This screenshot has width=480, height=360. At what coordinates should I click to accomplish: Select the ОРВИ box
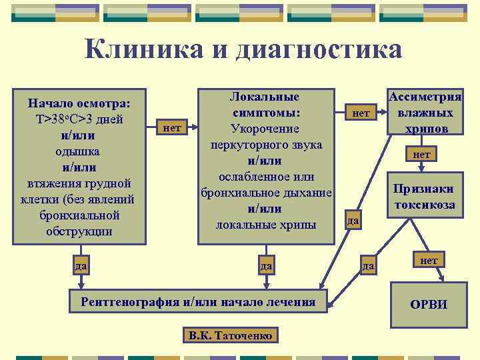click(429, 305)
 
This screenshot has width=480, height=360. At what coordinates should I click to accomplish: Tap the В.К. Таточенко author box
click(230, 335)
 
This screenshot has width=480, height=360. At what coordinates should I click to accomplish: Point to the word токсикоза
click(424, 204)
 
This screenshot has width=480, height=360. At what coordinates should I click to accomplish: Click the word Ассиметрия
click(425, 97)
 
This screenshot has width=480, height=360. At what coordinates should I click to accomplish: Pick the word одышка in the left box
click(79, 151)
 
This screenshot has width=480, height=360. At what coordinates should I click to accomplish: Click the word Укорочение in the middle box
click(265, 128)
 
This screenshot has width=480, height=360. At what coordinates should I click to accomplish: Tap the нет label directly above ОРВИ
click(429, 260)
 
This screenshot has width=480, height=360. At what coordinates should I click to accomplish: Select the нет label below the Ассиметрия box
click(421, 154)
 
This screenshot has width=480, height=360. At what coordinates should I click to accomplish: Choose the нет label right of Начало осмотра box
click(172, 127)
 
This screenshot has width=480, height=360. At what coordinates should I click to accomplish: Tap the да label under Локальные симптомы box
click(266, 266)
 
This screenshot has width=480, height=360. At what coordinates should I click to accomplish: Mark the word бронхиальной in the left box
click(79, 215)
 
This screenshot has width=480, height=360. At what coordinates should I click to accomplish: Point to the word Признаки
click(424, 189)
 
